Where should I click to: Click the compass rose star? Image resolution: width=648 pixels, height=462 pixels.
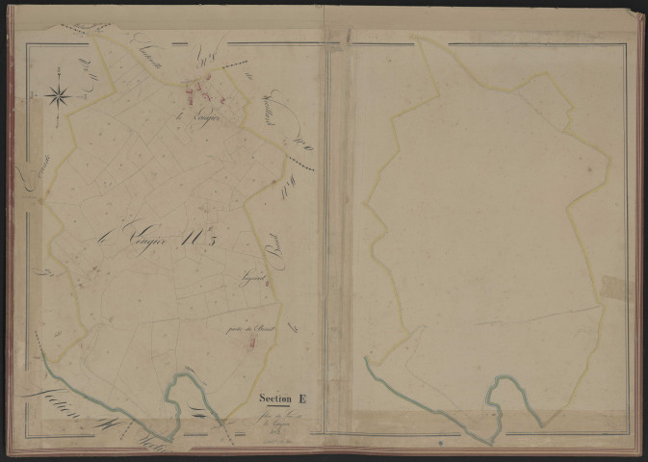(57, 94)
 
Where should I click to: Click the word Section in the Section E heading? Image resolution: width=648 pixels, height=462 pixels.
(274, 397)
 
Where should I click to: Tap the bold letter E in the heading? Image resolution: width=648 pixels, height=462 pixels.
(302, 397)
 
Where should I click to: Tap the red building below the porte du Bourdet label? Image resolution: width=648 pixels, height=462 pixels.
(252, 340)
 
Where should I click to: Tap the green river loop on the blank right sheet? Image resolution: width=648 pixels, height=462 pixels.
(502, 395)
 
